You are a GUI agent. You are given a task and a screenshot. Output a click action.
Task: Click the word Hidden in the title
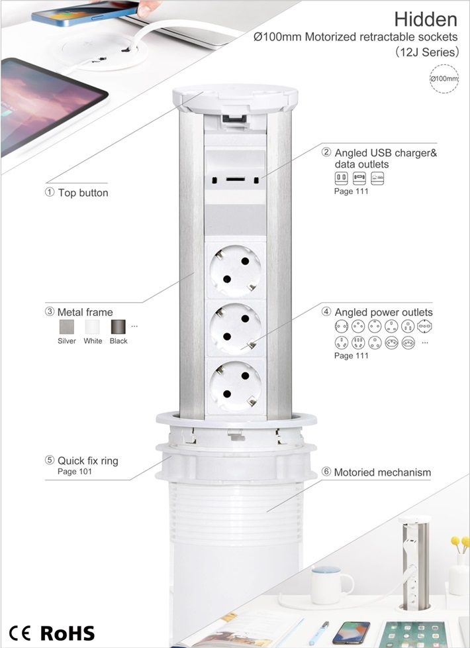click(426, 19)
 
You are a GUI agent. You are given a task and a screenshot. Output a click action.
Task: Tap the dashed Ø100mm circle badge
click(444, 79)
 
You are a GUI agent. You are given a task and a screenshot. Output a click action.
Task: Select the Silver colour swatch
click(66, 327)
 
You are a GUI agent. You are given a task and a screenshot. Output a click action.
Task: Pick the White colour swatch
click(93, 327)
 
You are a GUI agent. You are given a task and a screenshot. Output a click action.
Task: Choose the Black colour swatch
click(118, 327)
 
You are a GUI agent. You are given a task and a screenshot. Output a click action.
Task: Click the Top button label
click(83, 193)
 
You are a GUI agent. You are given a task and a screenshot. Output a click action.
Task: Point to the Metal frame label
click(85, 312)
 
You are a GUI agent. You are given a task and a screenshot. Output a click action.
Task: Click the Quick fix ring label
click(88, 460)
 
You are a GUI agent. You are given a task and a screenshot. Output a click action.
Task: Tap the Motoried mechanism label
click(383, 472)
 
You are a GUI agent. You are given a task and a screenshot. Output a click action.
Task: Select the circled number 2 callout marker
click(326, 152)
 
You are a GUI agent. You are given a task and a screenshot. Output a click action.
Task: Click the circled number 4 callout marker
click(326, 311)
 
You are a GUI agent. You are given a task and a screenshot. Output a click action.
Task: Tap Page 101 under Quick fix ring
click(75, 472)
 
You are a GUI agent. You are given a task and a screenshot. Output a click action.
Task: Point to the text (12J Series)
click(427, 52)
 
